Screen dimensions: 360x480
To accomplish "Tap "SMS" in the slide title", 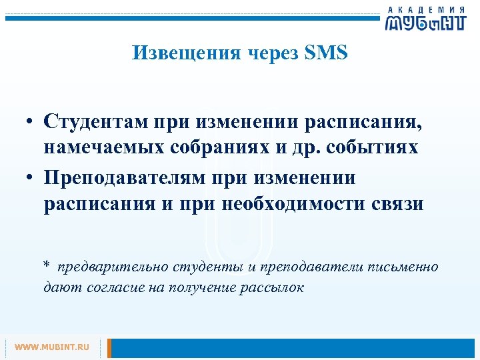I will coord(326,53).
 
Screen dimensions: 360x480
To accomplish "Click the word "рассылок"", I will coord(273,288).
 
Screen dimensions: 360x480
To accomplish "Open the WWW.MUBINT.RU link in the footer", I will coord(52,347).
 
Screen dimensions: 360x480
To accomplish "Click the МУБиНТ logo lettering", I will coord(425,23).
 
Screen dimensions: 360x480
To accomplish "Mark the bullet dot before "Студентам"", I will coord(31,123).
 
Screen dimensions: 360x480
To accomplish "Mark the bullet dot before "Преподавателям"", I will coord(31,179).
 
